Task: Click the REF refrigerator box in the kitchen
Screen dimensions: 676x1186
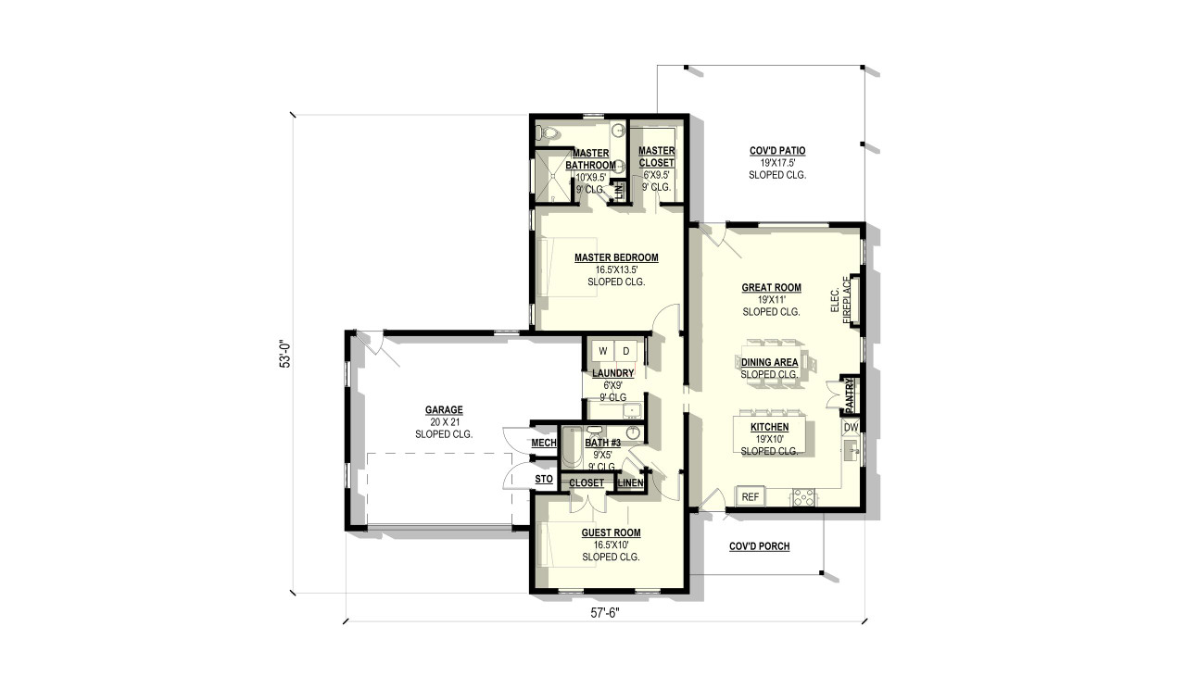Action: pos(751,497)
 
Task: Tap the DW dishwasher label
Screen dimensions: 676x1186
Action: pos(850,427)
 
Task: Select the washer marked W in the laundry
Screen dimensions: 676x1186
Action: pos(602,351)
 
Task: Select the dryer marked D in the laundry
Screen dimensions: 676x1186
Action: pos(626,351)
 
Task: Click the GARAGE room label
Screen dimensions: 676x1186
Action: pos(444,410)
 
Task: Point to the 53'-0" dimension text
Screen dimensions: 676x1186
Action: pos(286,356)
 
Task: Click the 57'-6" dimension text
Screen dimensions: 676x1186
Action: pos(604,612)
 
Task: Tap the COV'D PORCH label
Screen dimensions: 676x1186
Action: pos(759,546)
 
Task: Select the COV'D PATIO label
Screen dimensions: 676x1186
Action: pos(776,151)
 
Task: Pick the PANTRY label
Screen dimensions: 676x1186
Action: pos(849,396)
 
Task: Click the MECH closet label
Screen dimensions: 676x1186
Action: pos(543,443)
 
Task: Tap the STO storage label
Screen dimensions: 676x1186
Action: pos(544,479)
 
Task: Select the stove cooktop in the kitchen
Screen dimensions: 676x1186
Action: pos(801,498)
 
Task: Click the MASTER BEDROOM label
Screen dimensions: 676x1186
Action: pos(616,257)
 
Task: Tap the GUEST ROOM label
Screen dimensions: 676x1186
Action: pos(611,532)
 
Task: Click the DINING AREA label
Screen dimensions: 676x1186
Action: pos(769,362)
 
